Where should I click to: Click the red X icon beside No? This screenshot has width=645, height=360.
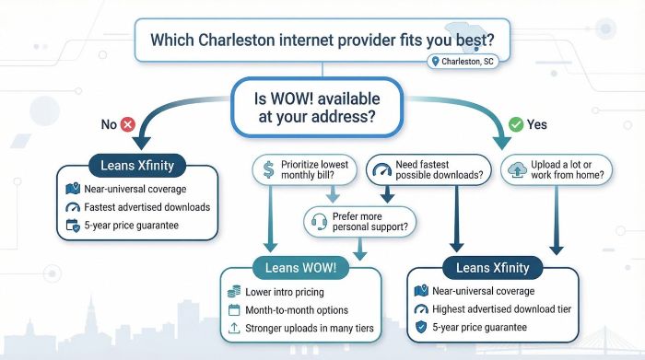pos(126,123)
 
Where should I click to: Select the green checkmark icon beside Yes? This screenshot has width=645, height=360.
pos(516,123)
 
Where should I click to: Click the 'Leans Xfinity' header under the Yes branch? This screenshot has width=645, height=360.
pos(485,268)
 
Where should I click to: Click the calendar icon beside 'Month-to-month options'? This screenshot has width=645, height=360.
pos(236,310)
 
